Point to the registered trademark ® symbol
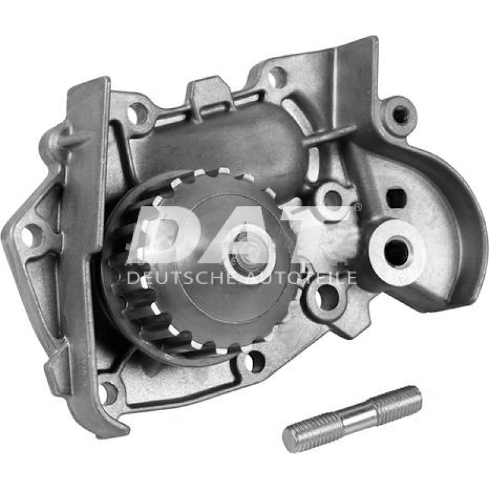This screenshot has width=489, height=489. pos(358,208)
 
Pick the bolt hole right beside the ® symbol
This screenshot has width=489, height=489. pos(333,197)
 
